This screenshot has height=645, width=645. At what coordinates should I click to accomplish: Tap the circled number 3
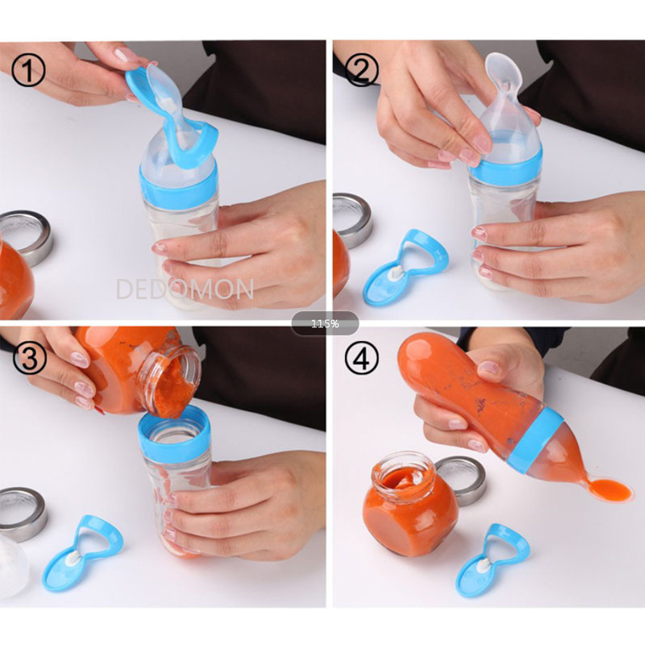[x=29, y=360]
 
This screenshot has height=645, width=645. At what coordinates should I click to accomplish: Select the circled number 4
[x=361, y=360]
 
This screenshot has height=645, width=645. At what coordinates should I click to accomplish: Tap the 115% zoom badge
[x=325, y=324]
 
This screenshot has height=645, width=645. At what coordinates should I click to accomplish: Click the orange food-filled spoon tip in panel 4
[x=611, y=489]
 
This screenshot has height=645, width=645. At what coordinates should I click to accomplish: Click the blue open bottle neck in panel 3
[x=174, y=431]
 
